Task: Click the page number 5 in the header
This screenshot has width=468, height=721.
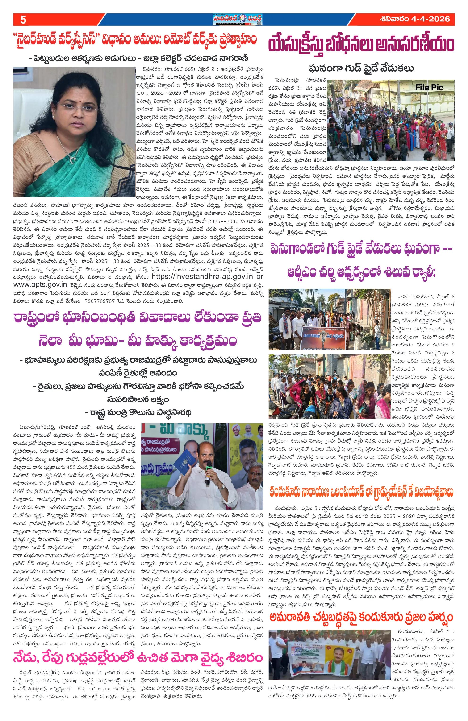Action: point(23,20)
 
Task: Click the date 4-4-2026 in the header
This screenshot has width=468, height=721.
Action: point(430,19)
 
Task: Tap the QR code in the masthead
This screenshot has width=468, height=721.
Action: point(258,19)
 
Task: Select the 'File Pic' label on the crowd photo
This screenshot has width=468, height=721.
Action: point(429,88)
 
